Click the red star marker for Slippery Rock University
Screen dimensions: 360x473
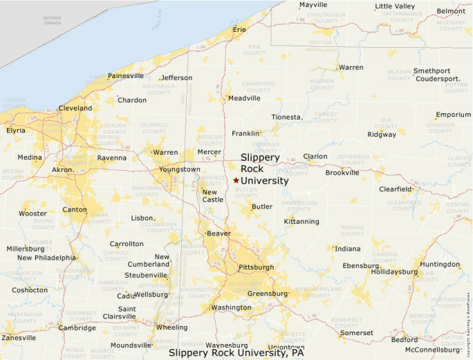[x=236, y=180]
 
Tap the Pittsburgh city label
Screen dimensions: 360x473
[x=257, y=267]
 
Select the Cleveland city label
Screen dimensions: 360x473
[x=75, y=108]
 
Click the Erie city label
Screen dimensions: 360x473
[x=240, y=30]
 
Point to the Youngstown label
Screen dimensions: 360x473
[x=180, y=169]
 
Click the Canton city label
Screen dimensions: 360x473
[x=75, y=209]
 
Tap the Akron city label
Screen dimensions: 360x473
[x=63, y=169]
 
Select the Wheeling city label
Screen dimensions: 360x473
[x=172, y=328]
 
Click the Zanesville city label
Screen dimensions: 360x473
[x=19, y=338]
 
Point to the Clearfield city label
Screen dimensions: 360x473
[x=396, y=189]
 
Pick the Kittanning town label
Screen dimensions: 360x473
[x=302, y=222]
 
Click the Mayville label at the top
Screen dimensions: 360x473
[x=313, y=5]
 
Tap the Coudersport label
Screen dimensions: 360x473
[x=438, y=79]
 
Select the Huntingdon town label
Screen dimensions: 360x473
[x=440, y=265]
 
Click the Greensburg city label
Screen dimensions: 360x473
[x=267, y=293]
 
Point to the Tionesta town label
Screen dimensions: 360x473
[x=286, y=117]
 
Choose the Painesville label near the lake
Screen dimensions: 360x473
[x=126, y=75]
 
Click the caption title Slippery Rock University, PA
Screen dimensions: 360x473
[x=236, y=352]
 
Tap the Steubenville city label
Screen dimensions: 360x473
[x=146, y=274]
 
